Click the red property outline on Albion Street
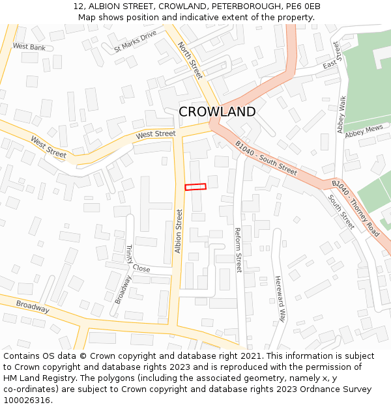(x=195, y=187)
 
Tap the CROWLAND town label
(x=217, y=112)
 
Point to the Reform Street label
(x=239, y=250)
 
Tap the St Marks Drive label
(x=136, y=40)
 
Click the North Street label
(x=190, y=60)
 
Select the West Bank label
(x=29, y=47)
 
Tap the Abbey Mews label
(x=364, y=132)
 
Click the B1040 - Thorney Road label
(x=356, y=208)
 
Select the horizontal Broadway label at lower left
(x=33, y=307)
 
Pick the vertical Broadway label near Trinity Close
(x=123, y=289)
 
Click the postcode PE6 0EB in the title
(x=303, y=7)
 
